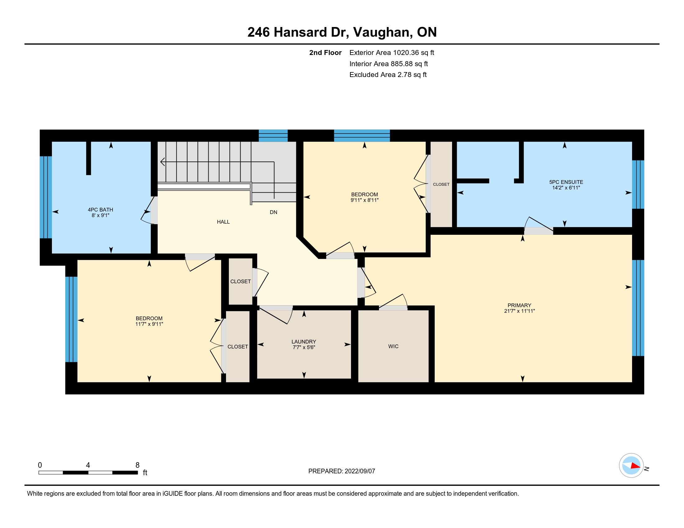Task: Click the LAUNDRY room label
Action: (x=303, y=342)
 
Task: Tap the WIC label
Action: (x=393, y=346)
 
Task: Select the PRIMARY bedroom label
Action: (x=519, y=305)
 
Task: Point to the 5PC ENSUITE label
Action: (x=566, y=182)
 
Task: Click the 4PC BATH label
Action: (x=100, y=210)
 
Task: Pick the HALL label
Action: (x=223, y=222)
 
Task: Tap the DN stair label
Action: (x=273, y=212)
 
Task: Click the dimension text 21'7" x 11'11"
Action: (x=519, y=311)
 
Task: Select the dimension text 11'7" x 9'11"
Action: (x=149, y=324)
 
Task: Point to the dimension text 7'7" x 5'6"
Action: (x=303, y=347)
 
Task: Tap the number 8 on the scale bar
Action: (x=137, y=465)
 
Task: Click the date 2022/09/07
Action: (x=359, y=471)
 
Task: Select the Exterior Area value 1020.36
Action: (x=406, y=52)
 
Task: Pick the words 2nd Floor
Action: (x=325, y=52)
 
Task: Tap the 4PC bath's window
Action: (x=46, y=197)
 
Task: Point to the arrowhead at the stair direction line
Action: (x=163, y=162)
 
